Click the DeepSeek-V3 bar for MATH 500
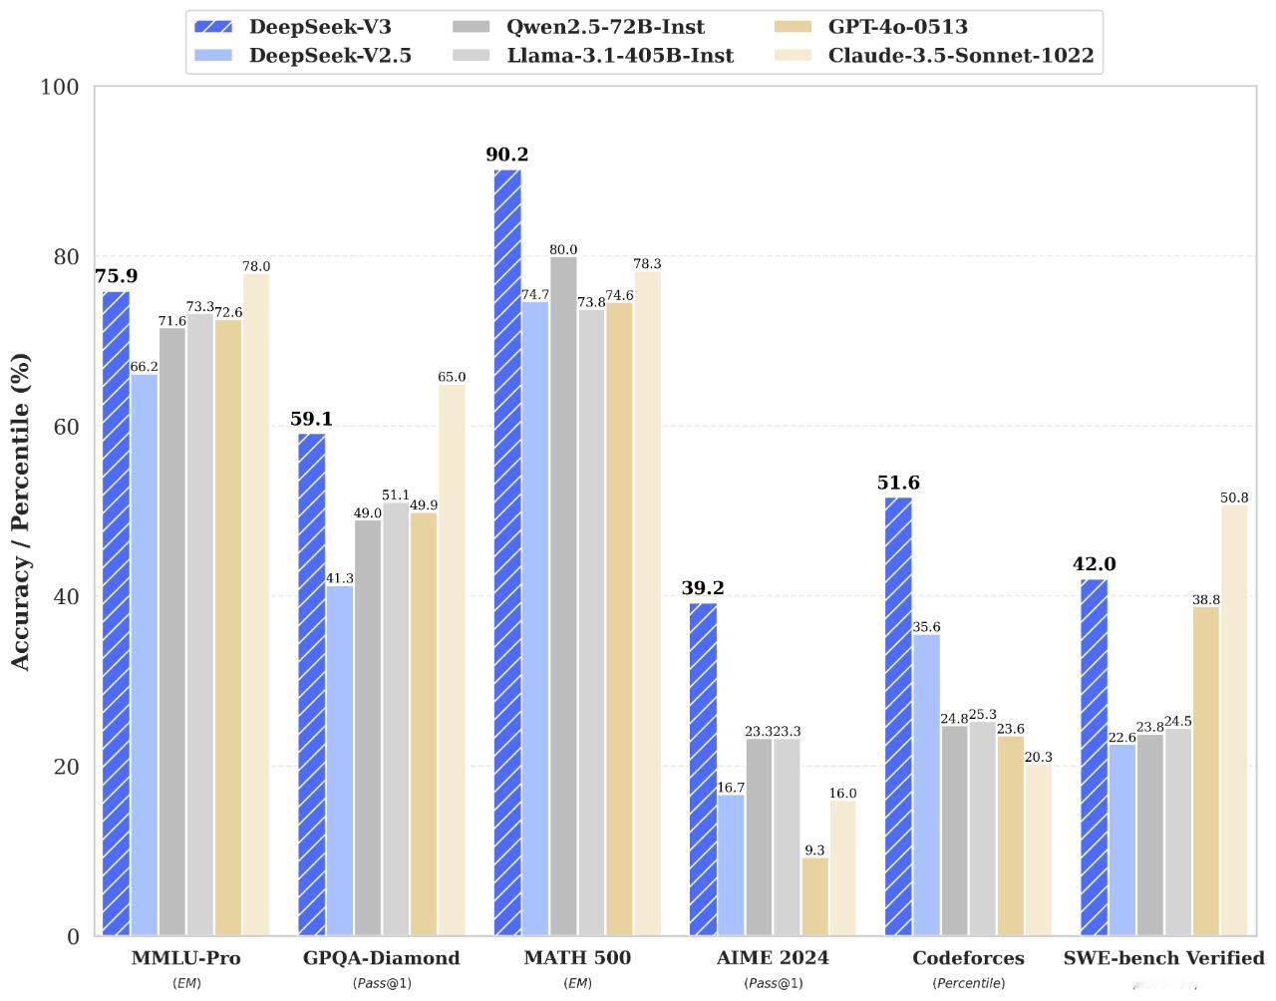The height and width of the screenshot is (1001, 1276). pos(507,552)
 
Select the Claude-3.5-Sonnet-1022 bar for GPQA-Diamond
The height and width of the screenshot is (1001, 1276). pos(452,660)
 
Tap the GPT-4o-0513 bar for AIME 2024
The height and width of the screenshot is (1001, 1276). pos(814,896)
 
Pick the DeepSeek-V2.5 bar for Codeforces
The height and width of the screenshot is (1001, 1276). pos(926,785)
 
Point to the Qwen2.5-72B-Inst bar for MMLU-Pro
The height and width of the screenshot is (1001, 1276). pos(172,631)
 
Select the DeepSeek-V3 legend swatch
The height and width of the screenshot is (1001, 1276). pos(213,27)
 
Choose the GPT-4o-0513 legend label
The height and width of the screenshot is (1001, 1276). pos(897,27)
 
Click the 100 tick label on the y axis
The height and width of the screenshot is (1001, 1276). pos(60,87)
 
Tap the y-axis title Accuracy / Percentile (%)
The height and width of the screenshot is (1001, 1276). pos(21,510)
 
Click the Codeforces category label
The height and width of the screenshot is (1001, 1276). pos(968,958)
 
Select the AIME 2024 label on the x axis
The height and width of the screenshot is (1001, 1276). pos(773,958)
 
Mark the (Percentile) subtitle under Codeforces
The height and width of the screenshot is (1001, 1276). pos(968,983)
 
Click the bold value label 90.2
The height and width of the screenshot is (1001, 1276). pos(507,155)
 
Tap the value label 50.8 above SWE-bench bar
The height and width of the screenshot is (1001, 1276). pos(1234,498)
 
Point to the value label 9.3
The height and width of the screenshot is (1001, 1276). pos(814,850)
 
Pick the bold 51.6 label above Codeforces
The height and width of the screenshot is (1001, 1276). pos(898,483)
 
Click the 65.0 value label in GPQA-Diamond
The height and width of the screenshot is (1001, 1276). pos(452,377)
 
